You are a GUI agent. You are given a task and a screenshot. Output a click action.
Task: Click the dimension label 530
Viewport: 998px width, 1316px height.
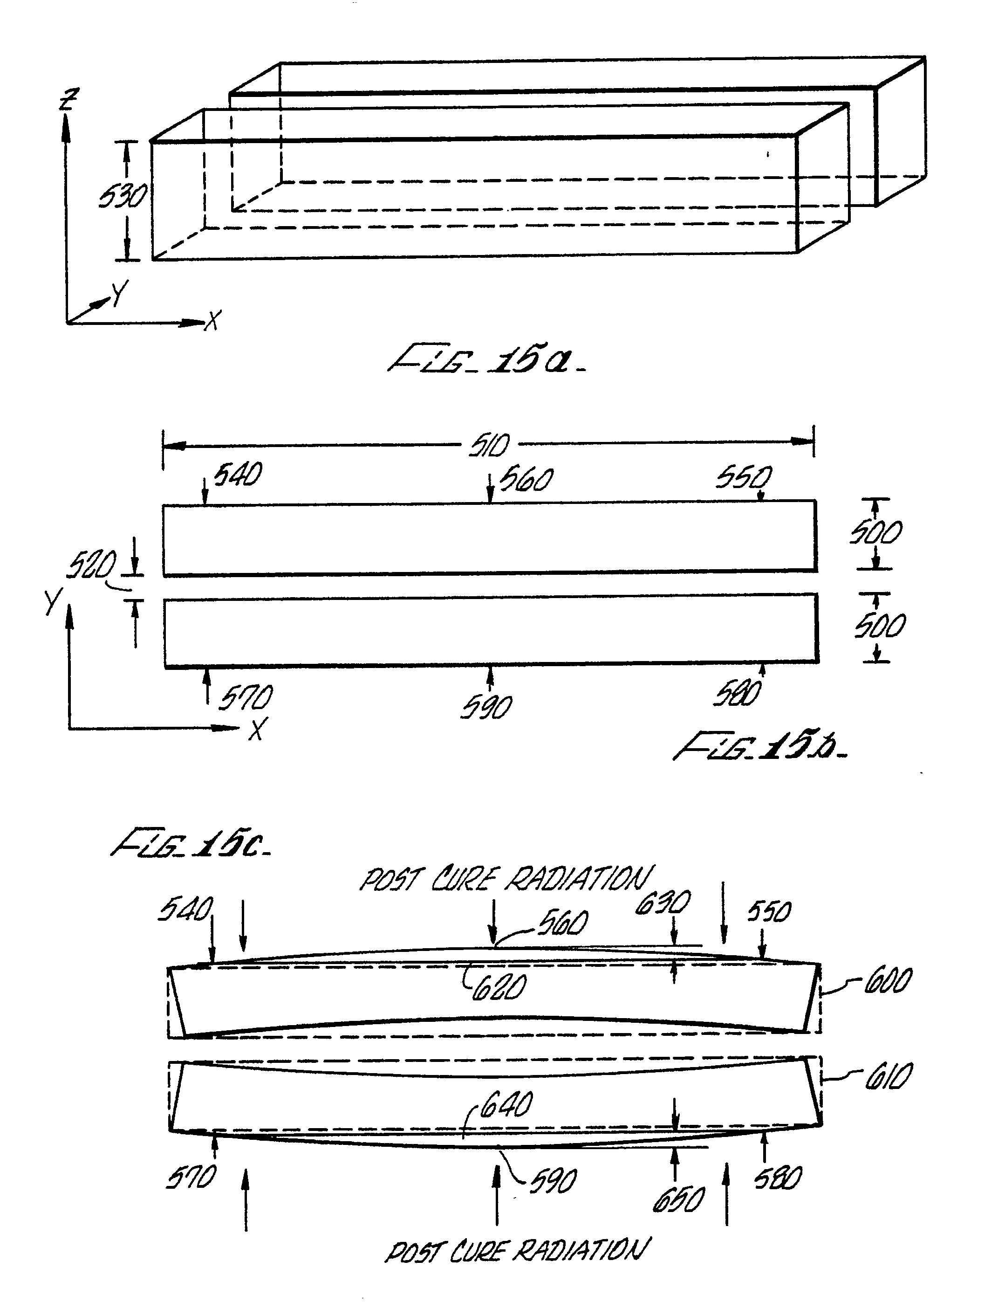123,196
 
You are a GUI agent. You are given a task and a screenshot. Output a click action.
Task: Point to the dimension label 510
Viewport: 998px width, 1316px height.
490,445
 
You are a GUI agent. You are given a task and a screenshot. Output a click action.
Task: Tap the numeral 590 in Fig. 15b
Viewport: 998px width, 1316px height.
486,707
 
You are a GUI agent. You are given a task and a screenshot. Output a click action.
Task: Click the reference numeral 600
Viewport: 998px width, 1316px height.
888,980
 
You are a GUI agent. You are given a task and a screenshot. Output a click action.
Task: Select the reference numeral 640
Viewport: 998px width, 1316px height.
506,1104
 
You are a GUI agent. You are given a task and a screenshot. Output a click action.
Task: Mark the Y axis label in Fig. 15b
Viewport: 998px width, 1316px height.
52,602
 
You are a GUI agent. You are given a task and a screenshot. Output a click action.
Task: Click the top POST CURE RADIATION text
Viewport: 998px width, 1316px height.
506,879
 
